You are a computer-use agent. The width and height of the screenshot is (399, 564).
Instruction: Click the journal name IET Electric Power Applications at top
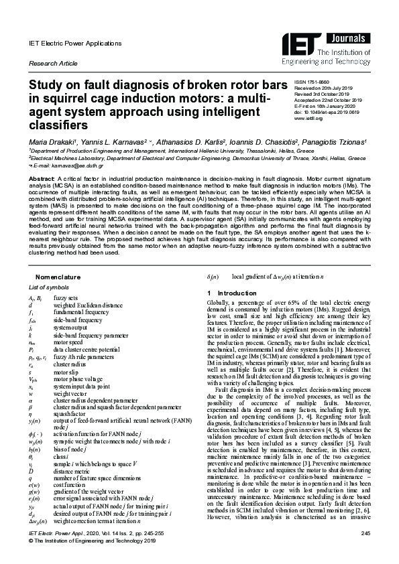point(75,43)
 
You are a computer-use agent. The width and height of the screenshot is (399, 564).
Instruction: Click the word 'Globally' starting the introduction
point(219,303)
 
